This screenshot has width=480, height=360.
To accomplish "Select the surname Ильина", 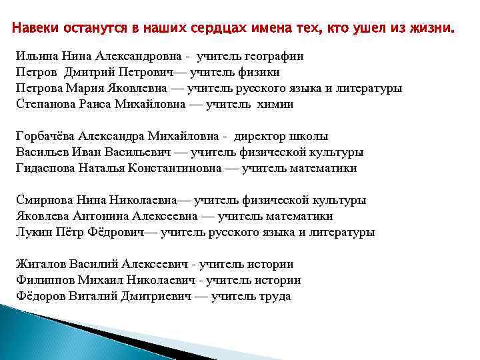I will click(x=33, y=56).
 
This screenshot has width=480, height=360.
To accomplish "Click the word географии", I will click(x=273, y=56).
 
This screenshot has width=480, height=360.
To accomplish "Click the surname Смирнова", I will click(x=43, y=200).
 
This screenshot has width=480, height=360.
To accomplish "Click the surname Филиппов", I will click(x=43, y=280).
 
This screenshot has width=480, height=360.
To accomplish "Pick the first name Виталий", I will click(x=94, y=296).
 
